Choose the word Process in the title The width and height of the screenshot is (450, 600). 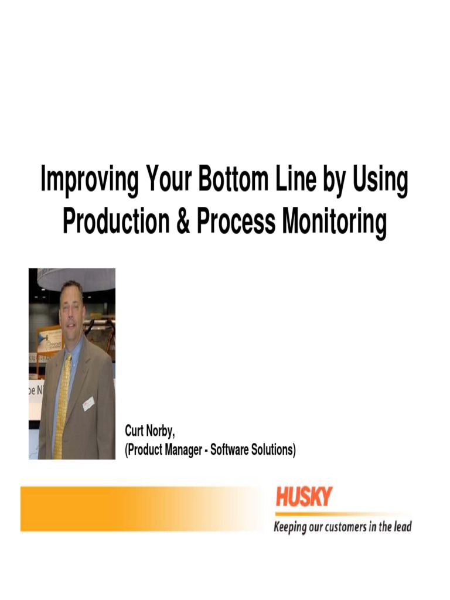click(235, 221)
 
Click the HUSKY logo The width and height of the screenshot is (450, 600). click(304, 497)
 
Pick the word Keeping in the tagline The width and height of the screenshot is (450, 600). click(291, 527)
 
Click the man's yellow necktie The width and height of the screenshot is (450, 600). click(63, 404)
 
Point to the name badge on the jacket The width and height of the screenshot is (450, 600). click(88, 403)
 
